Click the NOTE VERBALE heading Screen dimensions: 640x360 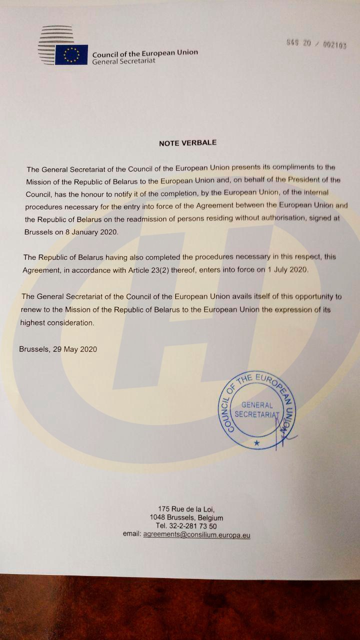(187, 143)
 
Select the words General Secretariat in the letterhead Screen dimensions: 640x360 (123, 60)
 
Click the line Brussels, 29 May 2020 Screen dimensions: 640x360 (58, 349)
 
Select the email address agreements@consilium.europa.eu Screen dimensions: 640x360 (196, 534)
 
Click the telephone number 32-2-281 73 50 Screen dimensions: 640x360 (193, 526)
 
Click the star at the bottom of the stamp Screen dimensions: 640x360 (257, 443)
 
